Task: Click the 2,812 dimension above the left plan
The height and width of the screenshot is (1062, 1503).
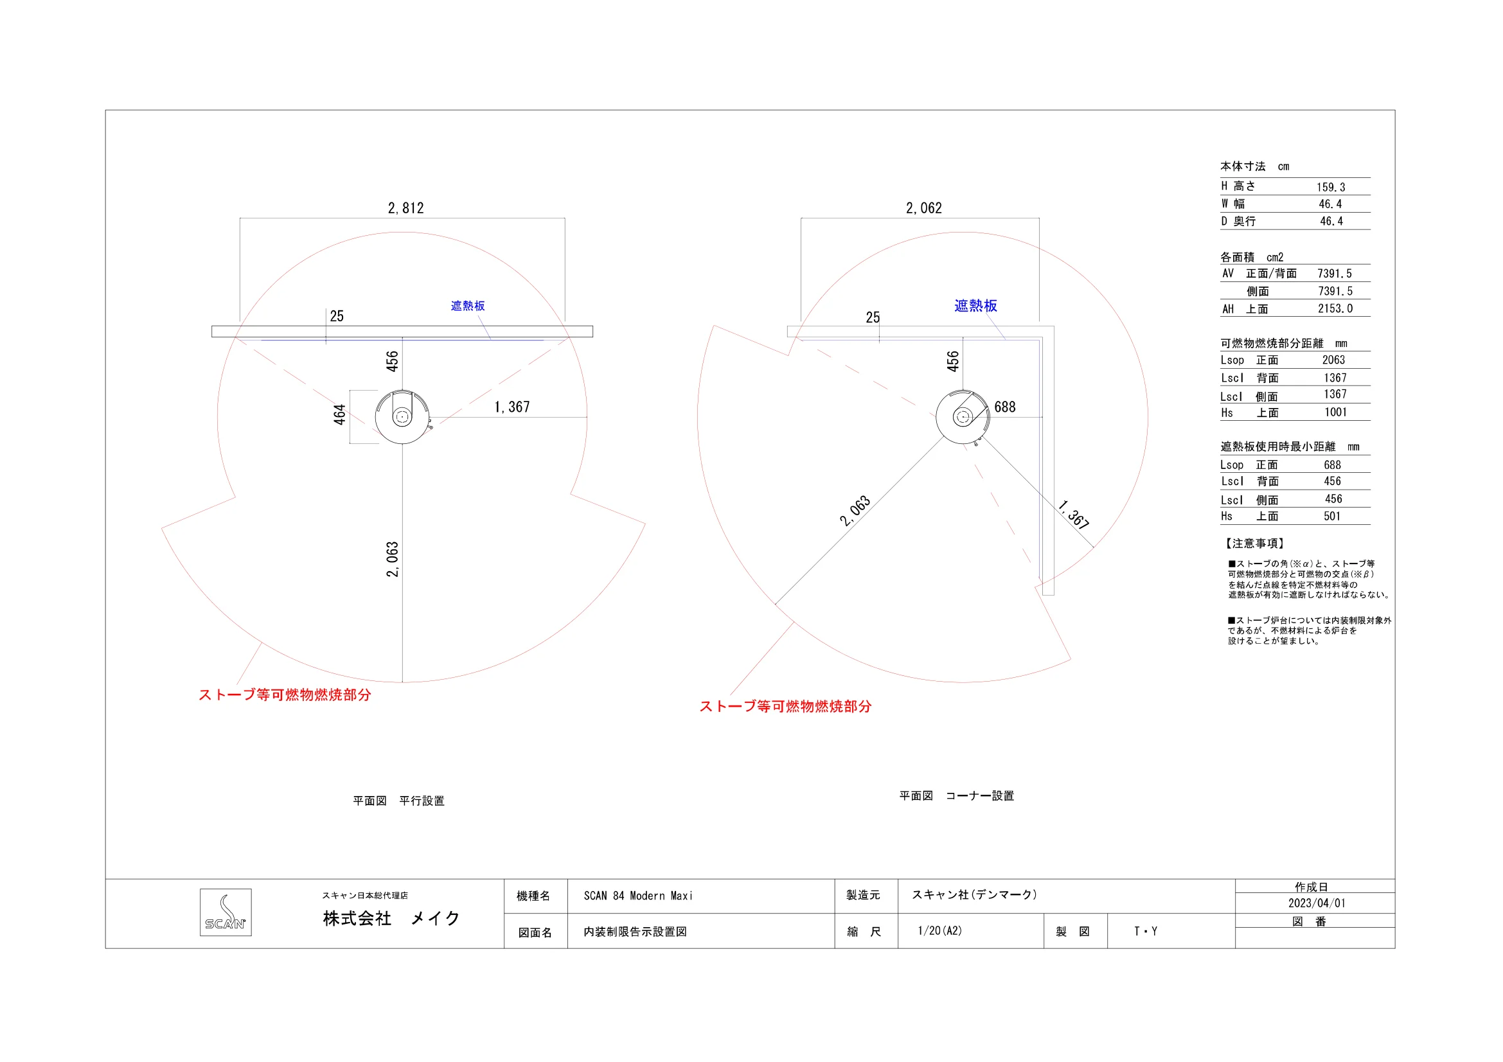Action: pos(406,208)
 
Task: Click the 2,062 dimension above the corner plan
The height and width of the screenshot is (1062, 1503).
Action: pos(923,208)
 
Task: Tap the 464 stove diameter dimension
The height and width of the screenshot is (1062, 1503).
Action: pos(339,415)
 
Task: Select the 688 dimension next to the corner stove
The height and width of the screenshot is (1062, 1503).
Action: pos(1005,407)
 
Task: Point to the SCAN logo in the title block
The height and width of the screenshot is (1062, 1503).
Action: pos(226,912)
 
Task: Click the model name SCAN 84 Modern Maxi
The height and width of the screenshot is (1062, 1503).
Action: pos(638,896)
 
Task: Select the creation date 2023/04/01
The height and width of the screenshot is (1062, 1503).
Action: pos(1317,903)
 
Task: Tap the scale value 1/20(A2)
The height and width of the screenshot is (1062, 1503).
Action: pos(940,930)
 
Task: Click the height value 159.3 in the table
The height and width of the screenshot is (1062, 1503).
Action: pos(1331,187)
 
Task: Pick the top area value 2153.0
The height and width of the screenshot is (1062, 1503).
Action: pos(1335,308)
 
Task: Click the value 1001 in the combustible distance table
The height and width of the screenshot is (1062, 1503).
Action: pos(1336,412)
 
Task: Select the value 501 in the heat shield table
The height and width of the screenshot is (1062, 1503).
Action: pos(1332,517)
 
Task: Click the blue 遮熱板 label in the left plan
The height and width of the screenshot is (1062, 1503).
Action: pos(468,306)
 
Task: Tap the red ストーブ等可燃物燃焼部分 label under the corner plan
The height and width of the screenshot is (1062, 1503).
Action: pos(785,706)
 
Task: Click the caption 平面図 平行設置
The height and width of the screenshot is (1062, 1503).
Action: pos(398,801)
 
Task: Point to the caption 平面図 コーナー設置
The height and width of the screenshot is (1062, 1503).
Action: pos(956,795)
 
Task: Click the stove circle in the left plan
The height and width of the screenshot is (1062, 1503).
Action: pos(376,417)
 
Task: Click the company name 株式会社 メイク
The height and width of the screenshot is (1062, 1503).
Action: pos(391,919)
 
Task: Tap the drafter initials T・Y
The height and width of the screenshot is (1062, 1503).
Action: pos(1146,931)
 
